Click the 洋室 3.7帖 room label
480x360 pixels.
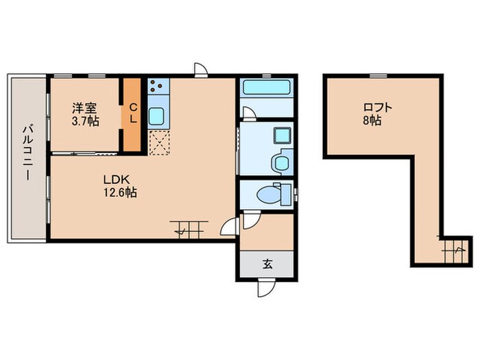pyautogui.click(x=85, y=115)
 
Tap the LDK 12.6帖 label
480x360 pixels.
pyautogui.click(x=120, y=186)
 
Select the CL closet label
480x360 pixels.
pyautogui.click(x=132, y=113)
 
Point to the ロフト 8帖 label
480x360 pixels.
pyautogui.click(x=377, y=114)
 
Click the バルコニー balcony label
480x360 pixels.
pyautogui.click(x=27, y=152)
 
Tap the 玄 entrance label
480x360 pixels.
pyautogui.click(x=267, y=264)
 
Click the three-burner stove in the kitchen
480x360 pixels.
pyautogui.click(x=158, y=86)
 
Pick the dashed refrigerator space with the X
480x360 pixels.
pyautogui.click(x=158, y=143)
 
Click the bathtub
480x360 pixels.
pyautogui.click(x=266, y=88)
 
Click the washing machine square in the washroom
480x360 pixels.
pyautogui.click(x=282, y=135)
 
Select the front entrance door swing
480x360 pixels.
pyautogui.click(x=266, y=288)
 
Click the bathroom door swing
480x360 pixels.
pyautogui.click(x=249, y=112)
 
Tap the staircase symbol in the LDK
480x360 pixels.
pyautogui.click(x=189, y=229)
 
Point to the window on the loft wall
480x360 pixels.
pyautogui.click(x=378, y=75)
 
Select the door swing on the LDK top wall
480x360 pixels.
pyautogui.click(x=201, y=69)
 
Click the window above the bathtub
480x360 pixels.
pyautogui.click(x=267, y=75)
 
